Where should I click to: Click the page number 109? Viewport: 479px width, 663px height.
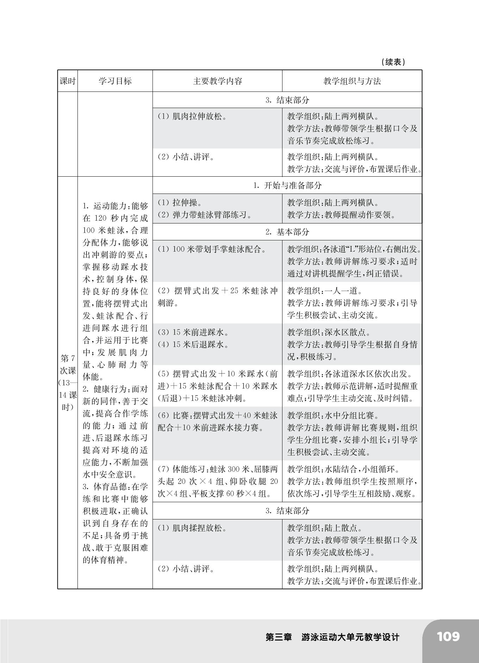[448, 637]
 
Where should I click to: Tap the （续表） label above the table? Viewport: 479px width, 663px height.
[393, 62]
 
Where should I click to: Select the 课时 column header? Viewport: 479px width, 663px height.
[68, 81]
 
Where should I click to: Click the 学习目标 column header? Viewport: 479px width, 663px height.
[115, 81]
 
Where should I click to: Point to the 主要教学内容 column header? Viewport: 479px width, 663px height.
[217, 81]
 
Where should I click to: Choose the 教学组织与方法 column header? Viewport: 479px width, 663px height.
[352, 81]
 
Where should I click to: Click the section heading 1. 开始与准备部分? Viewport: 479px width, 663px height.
[287, 185]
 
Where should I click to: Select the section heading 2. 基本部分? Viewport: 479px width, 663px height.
[287, 232]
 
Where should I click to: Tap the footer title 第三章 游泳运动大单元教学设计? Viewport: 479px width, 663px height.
[332, 637]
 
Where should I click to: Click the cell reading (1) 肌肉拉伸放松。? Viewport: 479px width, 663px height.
[192, 116]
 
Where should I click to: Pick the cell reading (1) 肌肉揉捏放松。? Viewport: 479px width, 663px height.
[192, 528]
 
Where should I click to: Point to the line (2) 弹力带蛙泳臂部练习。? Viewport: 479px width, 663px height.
[205, 215]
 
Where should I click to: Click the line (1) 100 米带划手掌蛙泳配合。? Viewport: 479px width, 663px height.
[212, 250]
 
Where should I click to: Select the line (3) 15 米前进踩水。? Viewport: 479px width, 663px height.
[193, 332]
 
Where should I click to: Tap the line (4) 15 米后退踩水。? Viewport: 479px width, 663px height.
[193, 345]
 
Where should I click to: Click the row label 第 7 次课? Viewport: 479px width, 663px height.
[68, 365]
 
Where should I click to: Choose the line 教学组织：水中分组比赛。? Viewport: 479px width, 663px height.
[333, 416]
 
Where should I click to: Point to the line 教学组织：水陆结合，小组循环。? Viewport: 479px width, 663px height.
[343, 469]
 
